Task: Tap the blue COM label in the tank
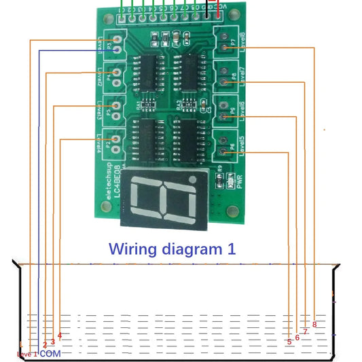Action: pos(50,354)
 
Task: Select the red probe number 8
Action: pos(314,324)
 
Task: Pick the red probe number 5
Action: pos(289,342)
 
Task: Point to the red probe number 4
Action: pos(60,335)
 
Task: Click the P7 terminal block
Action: pos(225,42)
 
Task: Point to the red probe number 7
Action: pos(306,331)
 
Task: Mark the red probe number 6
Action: pos(297,337)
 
